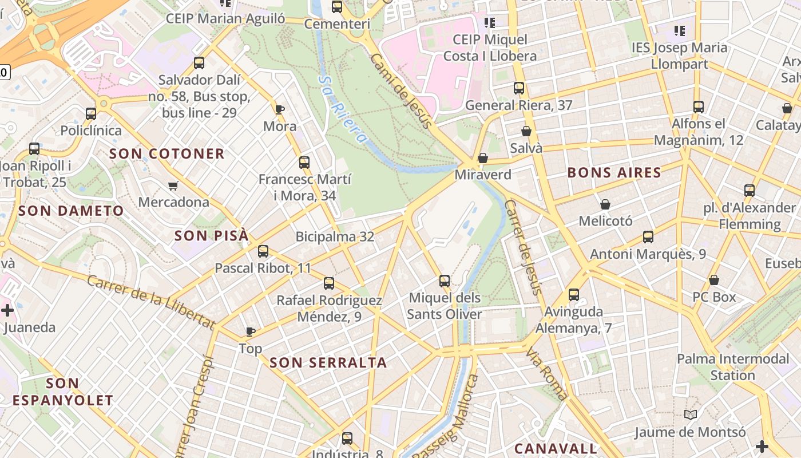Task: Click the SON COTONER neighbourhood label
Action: (x=166, y=153)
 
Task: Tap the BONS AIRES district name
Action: (x=614, y=172)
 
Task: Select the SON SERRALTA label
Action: (x=328, y=362)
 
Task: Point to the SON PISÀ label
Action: (x=212, y=235)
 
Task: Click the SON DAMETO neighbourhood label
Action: (x=71, y=211)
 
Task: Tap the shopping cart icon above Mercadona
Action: (x=173, y=185)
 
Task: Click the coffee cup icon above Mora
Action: (x=280, y=109)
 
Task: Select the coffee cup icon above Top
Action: (x=250, y=331)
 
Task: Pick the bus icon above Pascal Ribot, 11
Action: (x=263, y=251)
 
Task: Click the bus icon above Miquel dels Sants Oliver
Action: (x=445, y=281)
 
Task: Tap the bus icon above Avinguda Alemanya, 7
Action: (x=573, y=295)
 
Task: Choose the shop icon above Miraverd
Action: (x=483, y=157)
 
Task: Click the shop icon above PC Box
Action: (x=714, y=280)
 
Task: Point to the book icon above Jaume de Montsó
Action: (x=691, y=414)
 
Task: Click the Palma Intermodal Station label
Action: (x=732, y=367)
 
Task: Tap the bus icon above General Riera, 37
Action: (x=519, y=88)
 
